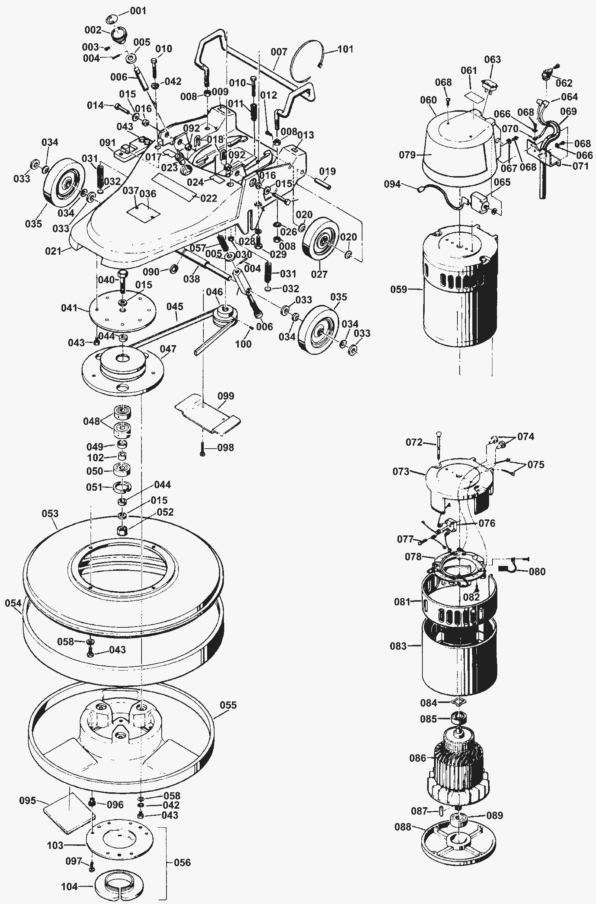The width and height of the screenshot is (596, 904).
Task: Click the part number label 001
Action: pos(138,11)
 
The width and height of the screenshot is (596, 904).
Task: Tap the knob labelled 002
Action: pos(119,36)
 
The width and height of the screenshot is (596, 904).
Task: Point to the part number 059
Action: pos(399,289)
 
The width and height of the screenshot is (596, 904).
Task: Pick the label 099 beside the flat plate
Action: pos(226,396)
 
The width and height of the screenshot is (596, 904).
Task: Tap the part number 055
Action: pos(228,705)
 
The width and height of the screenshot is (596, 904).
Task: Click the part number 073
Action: pos(401,471)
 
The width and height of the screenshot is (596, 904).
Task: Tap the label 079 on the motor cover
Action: pos(407,155)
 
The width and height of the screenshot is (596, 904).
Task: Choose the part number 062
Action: pos(564,83)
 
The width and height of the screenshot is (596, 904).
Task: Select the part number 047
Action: pos(168,349)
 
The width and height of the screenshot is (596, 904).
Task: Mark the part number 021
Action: pos(53,251)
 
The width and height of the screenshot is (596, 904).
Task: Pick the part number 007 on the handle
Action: pos(279,52)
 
